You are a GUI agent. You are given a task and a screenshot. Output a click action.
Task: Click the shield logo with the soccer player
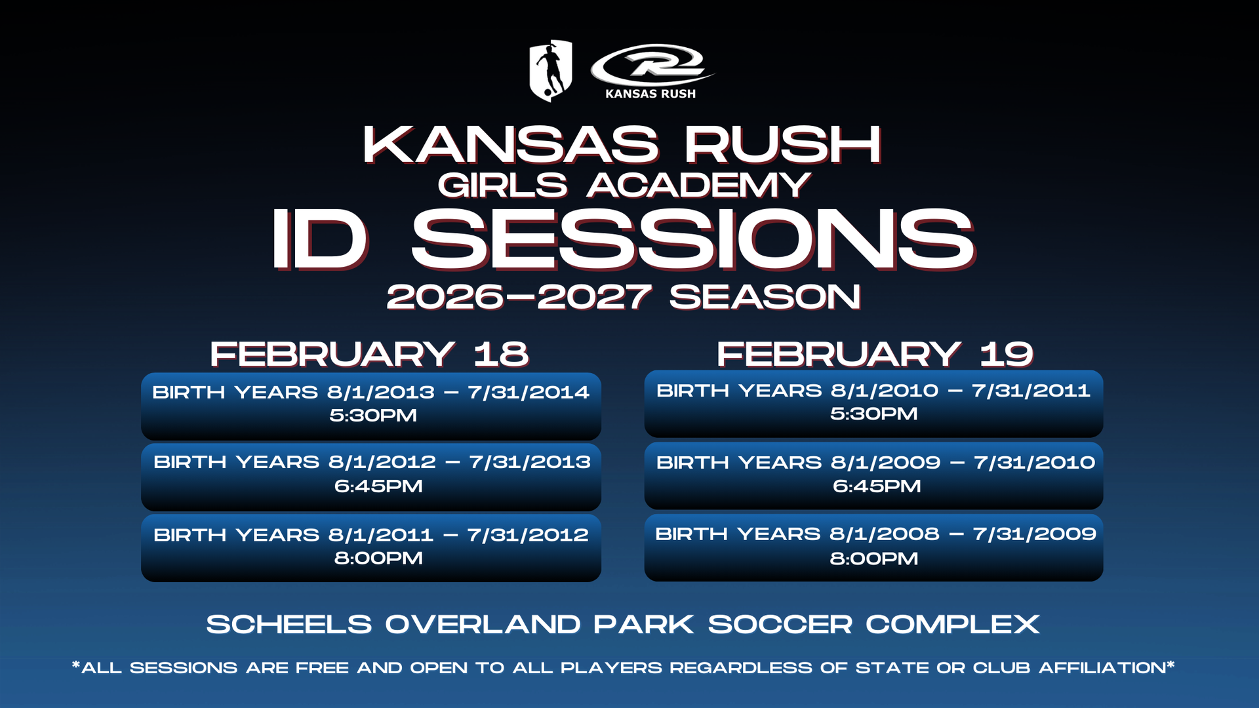click(551, 71)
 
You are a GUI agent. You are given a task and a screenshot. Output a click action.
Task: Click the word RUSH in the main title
click(783, 144)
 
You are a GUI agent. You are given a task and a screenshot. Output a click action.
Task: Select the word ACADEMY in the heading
click(699, 186)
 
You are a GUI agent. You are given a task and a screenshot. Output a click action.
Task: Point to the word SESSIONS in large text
click(693, 239)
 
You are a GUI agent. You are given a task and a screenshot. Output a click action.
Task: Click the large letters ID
click(319, 239)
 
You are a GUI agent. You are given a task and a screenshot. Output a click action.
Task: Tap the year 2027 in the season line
click(594, 297)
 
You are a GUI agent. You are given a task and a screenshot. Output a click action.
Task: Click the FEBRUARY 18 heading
click(369, 354)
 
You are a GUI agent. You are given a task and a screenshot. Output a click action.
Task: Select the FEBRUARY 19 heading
click(875, 354)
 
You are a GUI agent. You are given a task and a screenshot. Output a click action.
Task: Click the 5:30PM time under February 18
click(373, 416)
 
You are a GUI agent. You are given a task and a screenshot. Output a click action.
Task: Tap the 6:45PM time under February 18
click(378, 486)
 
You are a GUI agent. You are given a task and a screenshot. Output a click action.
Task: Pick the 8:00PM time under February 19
click(874, 559)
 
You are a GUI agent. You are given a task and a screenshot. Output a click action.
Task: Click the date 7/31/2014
click(529, 392)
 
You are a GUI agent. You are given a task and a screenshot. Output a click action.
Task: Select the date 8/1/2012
click(382, 462)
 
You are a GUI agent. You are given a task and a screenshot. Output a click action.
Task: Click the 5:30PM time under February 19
click(874, 414)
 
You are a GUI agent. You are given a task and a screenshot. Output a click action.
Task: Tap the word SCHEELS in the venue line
click(289, 625)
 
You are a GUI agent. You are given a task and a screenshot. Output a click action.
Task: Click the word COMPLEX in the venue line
click(953, 625)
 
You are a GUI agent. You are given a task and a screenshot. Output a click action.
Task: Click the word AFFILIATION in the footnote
click(1102, 668)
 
